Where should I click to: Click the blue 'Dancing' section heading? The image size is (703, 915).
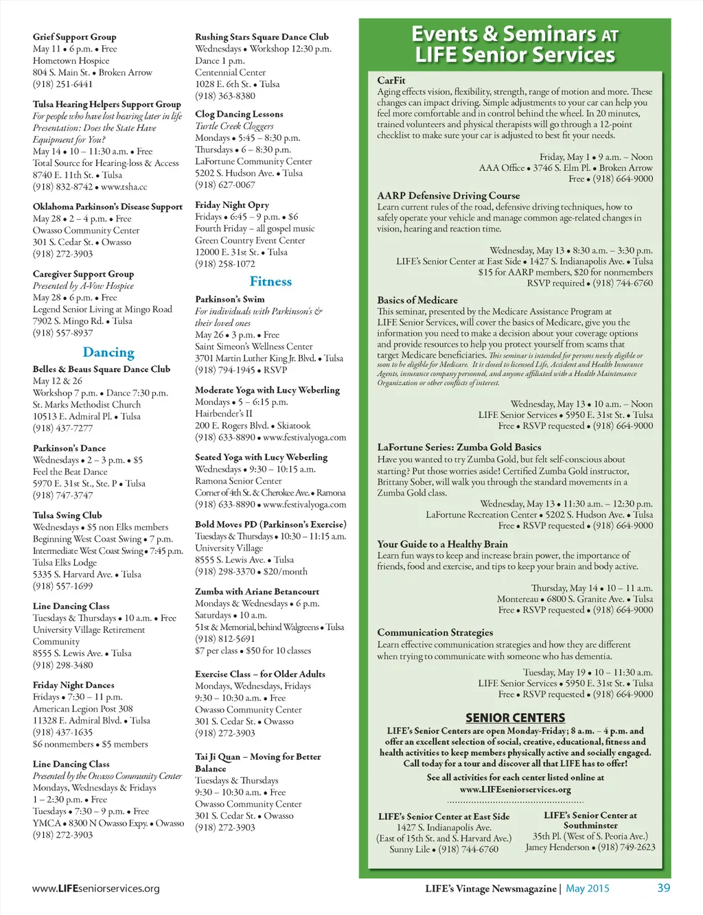pyautogui.click(x=108, y=352)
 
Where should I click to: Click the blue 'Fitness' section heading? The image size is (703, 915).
pyautogui.click(x=270, y=281)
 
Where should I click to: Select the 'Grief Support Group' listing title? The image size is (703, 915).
pyautogui.click(x=74, y=37)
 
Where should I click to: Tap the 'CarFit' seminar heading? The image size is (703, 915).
pyautogui.click(x=391, y=80)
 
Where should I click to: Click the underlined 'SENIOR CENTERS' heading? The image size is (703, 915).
pyautogui.click(x=515, y=718)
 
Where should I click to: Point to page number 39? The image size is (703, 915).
pyautogui.click(x=663, y=888)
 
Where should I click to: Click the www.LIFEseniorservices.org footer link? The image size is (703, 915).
pyautogui.click(x=96, y=888)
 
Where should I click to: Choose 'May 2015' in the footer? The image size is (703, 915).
pyautogui.click(x=587, y=888)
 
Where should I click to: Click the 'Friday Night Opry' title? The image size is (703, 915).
pyautogui.click(x=232, y=205)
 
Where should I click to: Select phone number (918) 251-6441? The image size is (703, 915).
pyautogui.click(x=62, y=84)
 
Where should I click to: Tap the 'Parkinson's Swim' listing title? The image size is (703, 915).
pyautogui.click(x=229, y=299)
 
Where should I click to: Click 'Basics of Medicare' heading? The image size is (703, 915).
pyautogui.click(x=417, y=300)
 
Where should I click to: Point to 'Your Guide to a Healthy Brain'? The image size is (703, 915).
pyautogui.click(x=442, y=544)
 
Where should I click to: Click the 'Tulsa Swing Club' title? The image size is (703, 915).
pyautogui.click(x=67, y=515)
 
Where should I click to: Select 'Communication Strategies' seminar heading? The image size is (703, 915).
pyautogui.click(x=435, y=632)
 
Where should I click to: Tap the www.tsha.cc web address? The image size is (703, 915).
pyautogui.click(x=124, y=187)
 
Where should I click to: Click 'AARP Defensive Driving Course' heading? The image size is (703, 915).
pyautogui.click(x=448, y=196)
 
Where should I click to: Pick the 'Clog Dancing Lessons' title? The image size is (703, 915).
pyautogui.click(x=239, y=114)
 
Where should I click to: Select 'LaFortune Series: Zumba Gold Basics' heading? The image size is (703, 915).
pyautogui.click(x=459, y=447)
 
